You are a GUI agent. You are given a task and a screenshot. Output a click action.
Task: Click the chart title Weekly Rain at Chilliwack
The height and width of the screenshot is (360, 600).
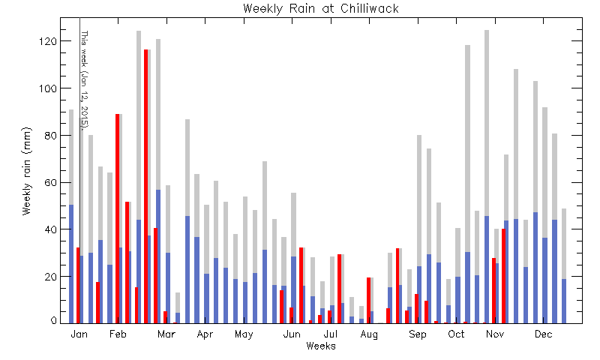pos(321,8)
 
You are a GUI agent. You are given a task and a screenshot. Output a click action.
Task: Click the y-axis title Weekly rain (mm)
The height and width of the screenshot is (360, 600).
pos(26,171)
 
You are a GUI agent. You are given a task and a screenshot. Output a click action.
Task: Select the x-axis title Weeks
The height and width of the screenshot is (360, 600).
pos(321,346)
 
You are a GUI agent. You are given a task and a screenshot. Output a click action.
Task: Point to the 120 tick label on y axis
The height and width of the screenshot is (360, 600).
pos(48,41)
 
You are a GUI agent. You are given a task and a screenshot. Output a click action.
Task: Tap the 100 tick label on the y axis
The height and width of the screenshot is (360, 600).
pos(48,88)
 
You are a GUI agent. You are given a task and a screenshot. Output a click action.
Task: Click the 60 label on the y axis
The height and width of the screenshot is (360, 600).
pos(51,182)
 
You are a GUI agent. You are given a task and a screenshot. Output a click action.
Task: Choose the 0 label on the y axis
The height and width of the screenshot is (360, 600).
pos(54,321)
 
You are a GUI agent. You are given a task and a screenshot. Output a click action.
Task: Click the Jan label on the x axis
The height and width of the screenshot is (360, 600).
pos(79,334)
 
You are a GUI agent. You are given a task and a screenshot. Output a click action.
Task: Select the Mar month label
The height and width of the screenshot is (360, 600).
pos(166,334)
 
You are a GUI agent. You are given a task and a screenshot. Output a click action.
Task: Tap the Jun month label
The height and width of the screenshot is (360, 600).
pos(292,334)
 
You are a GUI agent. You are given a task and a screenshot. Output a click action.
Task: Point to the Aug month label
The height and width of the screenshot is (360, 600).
pos(369,334)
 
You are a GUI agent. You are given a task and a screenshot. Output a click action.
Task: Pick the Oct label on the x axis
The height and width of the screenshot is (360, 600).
pos(456,334)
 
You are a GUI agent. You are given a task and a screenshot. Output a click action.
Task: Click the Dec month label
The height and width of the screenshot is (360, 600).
pos(543,334)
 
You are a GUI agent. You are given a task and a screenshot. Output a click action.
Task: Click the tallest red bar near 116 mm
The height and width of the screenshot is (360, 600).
pos(145,186)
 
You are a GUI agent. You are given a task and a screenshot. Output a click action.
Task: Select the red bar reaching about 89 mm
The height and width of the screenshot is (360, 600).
pos(118,218)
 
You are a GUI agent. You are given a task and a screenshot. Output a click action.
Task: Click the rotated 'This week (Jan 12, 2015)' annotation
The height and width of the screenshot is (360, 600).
pos(85,79)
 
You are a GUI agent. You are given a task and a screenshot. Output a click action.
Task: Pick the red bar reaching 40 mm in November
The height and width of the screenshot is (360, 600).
pos(503,276)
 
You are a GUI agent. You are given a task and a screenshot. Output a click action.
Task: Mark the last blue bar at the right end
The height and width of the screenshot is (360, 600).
pos(564,301)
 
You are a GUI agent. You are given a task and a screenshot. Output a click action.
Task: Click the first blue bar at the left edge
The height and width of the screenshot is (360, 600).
pos(71,264)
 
